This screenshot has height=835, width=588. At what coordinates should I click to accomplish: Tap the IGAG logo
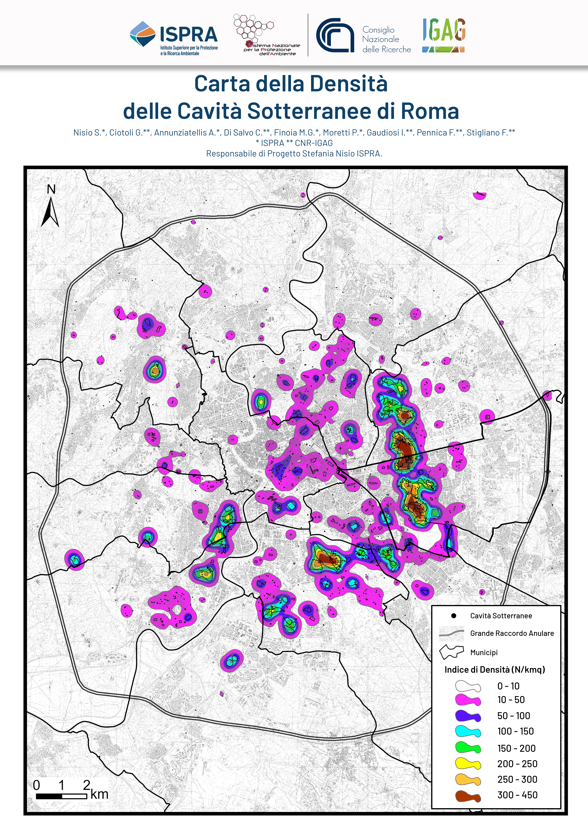[x=444, y=35]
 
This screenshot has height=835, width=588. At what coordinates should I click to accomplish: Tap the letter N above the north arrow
[x=51, y=189]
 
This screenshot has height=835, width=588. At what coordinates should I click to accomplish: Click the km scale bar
[x=61, y=796]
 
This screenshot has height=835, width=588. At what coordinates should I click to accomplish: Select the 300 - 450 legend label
[x=517, y=795]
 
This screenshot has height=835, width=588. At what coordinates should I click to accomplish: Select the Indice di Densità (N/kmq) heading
[x=494, y=670]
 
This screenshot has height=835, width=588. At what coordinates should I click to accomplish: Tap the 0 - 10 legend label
[x=508, y=686]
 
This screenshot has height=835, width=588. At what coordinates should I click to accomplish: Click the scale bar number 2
[x=87, y=784]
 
